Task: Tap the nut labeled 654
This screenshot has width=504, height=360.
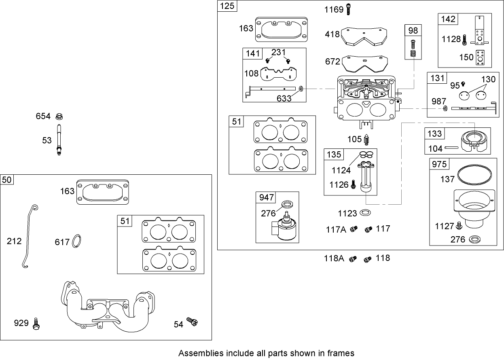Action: pos(59,116)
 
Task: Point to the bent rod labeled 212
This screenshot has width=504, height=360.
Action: pos(28,237)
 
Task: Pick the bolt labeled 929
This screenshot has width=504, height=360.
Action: pos(36,323)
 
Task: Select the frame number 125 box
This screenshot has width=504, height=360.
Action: pos(228,6)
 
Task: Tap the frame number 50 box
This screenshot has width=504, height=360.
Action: pos(7,180)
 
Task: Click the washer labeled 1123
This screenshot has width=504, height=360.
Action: pos(365,212)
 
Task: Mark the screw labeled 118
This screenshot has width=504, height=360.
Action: pos(367,258)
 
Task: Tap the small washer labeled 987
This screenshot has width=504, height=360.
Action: pos(445,108)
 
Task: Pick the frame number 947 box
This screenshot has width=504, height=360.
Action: pos(266,197)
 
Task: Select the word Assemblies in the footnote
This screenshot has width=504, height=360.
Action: pos(195,353)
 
